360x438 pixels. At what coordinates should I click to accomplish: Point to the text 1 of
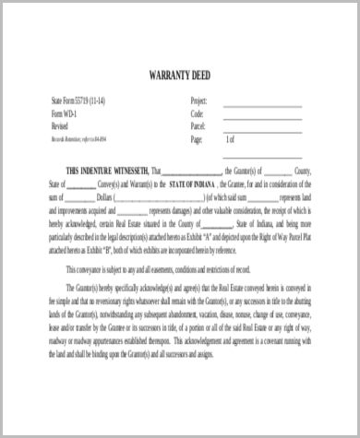coord(231,139)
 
